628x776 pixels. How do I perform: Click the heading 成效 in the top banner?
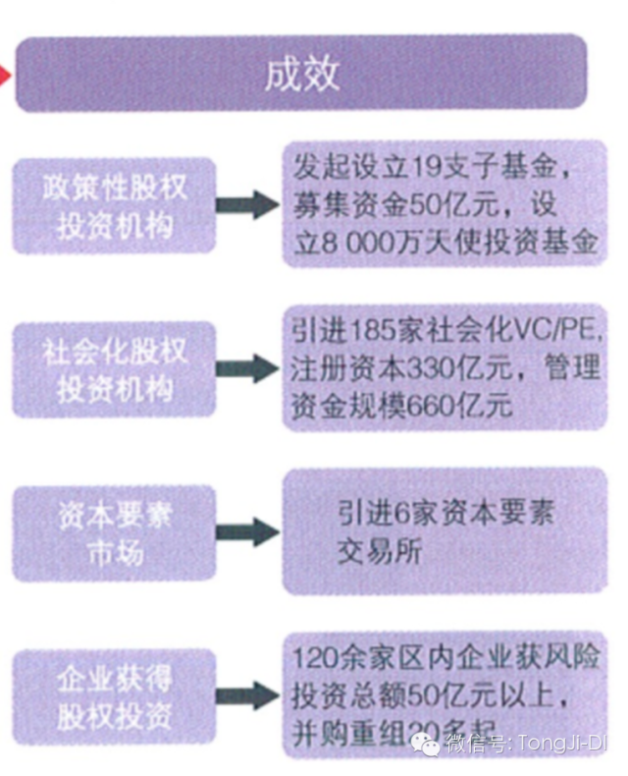pyautogui.click(x=302, y=76)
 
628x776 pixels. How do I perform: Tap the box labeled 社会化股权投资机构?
pyautogui.click(x=116, y=369)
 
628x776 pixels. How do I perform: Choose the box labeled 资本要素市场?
pyautogui.click(x=116, y=532)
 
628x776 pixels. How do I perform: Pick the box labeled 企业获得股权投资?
pyautogui.click(x=116, y=695)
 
